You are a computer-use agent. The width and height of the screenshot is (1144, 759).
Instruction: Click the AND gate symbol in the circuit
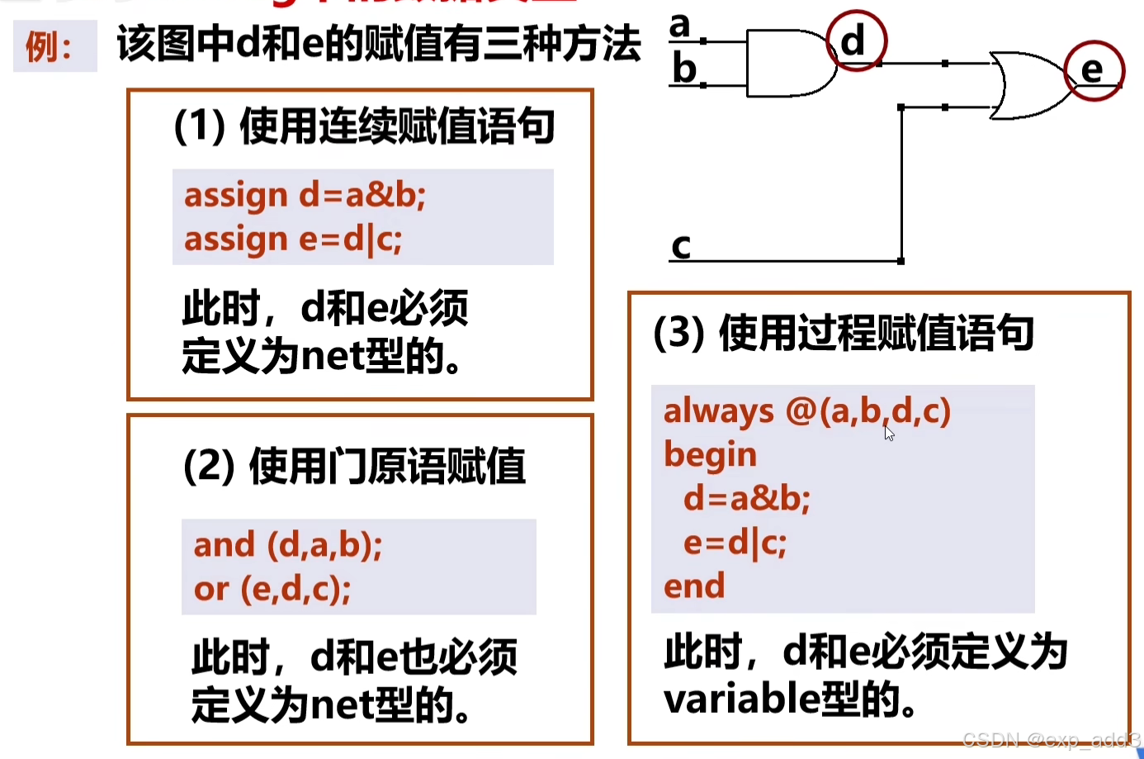click(x=788, y=64)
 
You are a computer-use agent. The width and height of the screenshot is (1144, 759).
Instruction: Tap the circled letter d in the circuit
click(x=855, y=40)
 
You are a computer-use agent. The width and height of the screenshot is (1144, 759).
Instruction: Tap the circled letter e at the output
click(x=1093, y=71)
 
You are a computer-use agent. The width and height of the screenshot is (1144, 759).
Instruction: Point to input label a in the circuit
click(x=679, y=26)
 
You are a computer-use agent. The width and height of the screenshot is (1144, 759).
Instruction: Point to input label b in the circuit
click(x=683, y=69)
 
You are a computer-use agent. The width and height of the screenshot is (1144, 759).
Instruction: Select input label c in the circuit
click(x=681, y=246)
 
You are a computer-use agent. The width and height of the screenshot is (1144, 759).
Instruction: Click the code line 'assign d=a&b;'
click(x=305, y=196)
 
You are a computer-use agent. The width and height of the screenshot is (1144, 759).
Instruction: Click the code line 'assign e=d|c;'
click(x=293, y=240)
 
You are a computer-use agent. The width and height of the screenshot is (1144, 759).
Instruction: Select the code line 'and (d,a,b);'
click(x=288, y=545)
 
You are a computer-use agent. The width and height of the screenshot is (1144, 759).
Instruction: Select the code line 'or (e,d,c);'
click(x=272, y=589)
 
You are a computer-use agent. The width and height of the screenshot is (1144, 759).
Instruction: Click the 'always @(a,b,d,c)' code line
click(x=806, y=410)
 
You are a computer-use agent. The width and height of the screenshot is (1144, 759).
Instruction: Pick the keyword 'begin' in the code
click(x=710, y=454)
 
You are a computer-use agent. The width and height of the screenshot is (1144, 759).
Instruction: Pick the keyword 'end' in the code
click(x=694, y=586)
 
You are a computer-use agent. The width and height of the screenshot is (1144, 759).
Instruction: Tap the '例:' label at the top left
click(x=49, y=47)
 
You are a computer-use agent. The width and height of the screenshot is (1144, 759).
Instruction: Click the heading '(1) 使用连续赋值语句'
click(x=364, y=127)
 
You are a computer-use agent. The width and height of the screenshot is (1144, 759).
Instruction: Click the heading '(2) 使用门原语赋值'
click(x=354, y=467)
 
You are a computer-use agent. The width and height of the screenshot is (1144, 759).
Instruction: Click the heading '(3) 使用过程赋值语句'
click(x=843, y=334)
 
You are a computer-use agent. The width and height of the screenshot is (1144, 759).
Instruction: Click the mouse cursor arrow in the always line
click(x=888, y=433)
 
